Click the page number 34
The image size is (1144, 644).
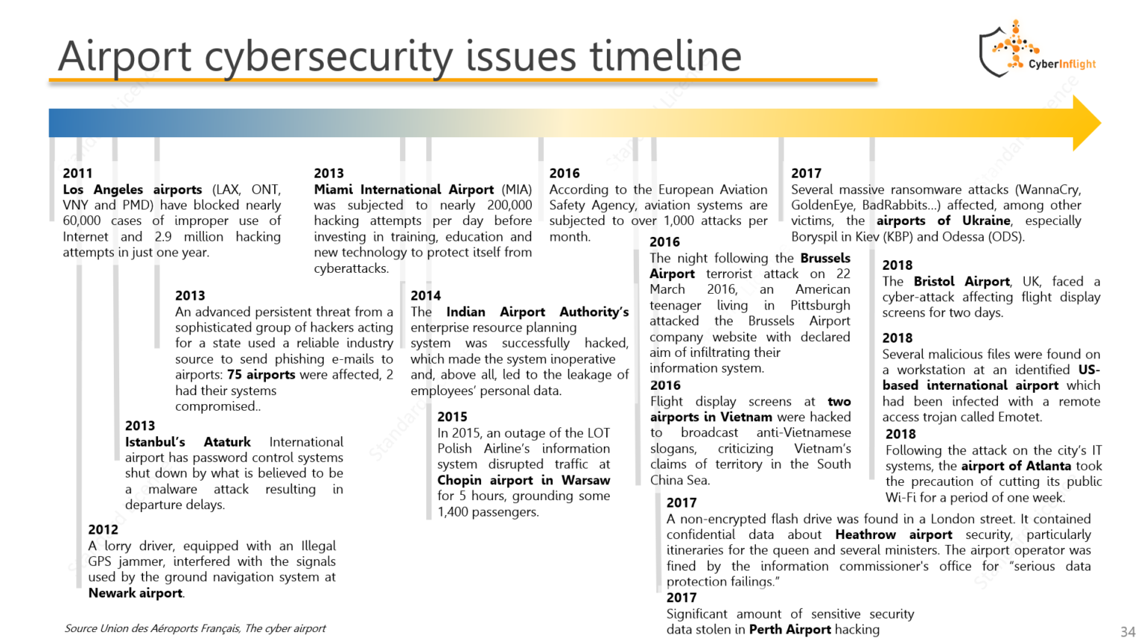click(1128, 632)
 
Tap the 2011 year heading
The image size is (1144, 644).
click(77, 173)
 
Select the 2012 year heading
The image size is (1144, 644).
click(103, 529)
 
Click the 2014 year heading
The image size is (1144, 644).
click(425, 295)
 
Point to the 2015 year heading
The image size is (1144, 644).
click(452, 417)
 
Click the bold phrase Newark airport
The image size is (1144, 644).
click(136, 593)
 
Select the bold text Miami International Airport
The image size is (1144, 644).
click(404, 189)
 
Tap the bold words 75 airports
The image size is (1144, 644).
click(261, 374)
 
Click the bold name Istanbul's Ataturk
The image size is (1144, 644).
click(188, 442)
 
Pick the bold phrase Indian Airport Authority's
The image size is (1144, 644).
click(537, 312)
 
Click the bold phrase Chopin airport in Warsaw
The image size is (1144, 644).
click(524, 480)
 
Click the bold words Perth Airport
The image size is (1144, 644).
click(789, 629)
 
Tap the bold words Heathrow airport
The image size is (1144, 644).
click(893, 534)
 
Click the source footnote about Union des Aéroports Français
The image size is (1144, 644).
click(195, 628)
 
